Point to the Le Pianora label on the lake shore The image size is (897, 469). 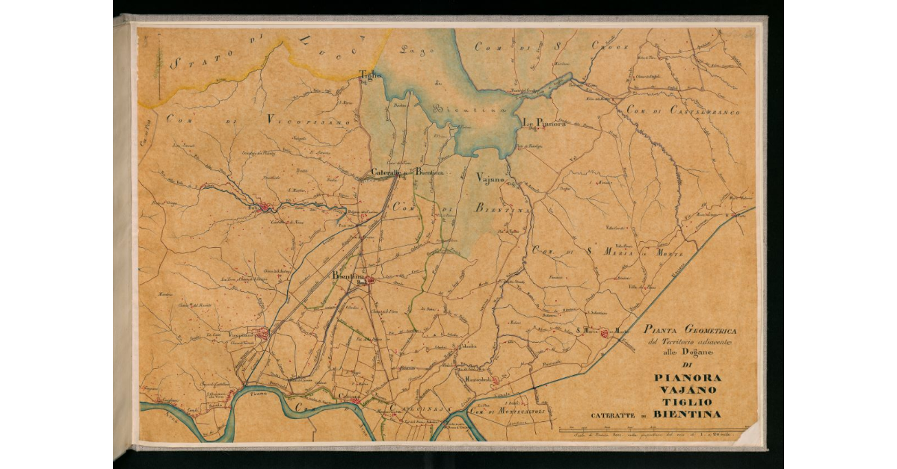pos(543,123)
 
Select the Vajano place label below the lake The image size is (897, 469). pos(491,178)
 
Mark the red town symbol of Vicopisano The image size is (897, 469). pos(262,334)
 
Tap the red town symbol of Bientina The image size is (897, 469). pos(368,282)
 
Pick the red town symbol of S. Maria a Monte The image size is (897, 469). pos(604,334)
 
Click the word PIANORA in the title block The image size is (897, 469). pos(688,377)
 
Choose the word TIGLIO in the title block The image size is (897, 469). pos(688,403)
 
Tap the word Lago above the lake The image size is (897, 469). pos(413,51)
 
